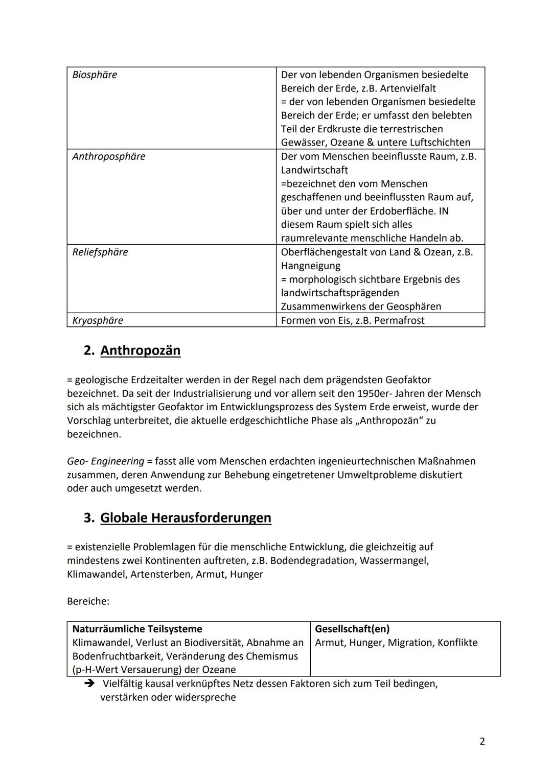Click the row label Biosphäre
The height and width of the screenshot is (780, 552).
(95, 75)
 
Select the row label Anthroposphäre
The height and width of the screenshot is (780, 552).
(108, 157)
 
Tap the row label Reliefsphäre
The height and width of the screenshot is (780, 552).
(100, 252)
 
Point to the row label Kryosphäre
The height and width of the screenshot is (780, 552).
(98, 321)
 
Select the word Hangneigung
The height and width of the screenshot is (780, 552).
(310, 266)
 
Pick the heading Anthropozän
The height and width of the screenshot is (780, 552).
(140, 350)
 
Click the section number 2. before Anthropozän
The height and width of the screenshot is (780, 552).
(89, 350)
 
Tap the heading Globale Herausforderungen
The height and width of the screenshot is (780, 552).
(186, 518)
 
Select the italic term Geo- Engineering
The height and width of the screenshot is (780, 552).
(105, 461)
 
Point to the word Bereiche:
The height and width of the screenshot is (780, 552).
(88, 602)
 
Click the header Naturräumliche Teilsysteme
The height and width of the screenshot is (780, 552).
(137, 629)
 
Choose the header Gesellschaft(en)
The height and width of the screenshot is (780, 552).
(352, 629)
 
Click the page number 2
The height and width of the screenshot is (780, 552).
(482, 741)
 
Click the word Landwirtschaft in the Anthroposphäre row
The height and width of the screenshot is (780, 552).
(314, 171)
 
